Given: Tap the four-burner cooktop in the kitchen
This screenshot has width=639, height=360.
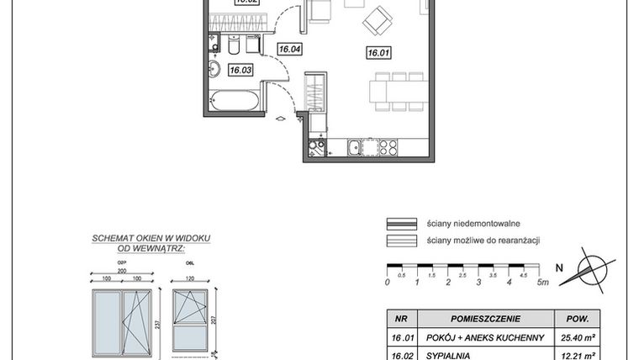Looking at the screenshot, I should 388,149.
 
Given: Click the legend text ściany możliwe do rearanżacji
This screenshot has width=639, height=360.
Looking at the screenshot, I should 483,241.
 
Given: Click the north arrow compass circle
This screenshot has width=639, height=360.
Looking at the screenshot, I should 591,271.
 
